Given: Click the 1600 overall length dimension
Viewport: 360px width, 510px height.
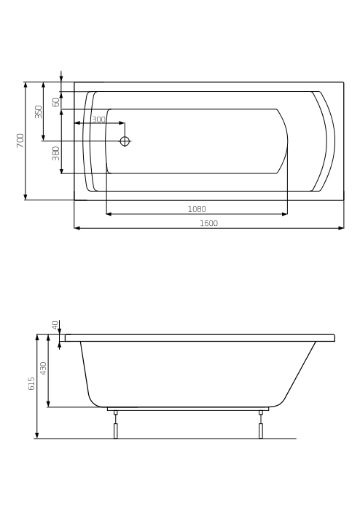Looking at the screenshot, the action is (208, 223).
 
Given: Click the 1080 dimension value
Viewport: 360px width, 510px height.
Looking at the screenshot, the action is (197, 209).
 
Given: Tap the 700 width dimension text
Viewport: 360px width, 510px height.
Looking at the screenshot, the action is (20, 141).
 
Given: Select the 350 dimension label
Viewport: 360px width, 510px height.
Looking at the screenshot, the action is (39, 111).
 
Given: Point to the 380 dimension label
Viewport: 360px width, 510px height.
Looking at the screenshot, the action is (56, 153).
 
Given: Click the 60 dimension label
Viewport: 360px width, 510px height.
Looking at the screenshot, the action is (56, 102).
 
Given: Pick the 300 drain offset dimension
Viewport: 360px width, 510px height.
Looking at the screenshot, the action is (98, 119).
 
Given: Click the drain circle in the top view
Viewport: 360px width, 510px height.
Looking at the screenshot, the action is (125, 141).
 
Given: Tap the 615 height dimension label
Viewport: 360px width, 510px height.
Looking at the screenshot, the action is (31, 384).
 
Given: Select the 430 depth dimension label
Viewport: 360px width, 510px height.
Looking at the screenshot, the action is (43, 368).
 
